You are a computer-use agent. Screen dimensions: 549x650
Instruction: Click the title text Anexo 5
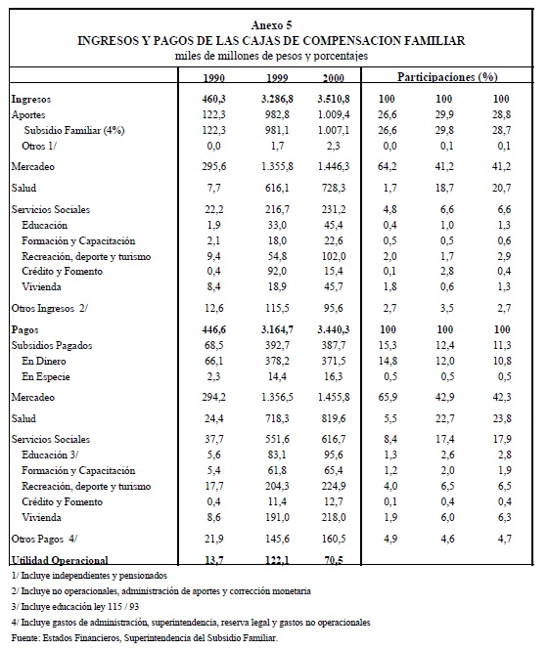point(271,25)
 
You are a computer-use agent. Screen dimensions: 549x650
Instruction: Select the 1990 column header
point(214,78)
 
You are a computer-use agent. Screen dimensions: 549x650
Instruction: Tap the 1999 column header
point(277,78)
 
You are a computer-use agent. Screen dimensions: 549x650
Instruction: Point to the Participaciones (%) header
point(447,76)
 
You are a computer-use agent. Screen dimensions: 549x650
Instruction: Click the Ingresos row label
point(31,99)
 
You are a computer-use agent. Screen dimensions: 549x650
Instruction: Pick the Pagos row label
point(24,330)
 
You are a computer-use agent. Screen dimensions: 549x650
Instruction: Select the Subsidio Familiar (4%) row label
point(74,131)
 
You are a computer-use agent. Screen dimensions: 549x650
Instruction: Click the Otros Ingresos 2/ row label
point(50,309)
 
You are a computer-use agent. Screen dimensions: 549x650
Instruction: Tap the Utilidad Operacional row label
point(60,560)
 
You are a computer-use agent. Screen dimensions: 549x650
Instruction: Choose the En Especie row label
point(46,377)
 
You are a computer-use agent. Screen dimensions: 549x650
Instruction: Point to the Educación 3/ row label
point(50,455)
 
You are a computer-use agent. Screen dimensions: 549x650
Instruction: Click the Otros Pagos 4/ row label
point(44,539)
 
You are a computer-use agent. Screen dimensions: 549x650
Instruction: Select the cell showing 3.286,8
point(277,99)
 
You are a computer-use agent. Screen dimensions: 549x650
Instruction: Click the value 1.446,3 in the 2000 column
point(334,166)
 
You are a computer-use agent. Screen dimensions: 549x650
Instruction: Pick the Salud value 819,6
point(334,418)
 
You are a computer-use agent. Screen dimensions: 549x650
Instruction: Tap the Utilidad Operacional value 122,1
point(277,560)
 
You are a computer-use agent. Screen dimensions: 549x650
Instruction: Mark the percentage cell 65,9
point(388,397)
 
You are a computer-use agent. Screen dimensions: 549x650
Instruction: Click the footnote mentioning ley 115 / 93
point(75,607)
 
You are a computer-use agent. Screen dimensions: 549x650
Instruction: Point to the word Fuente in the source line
point(25,638)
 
